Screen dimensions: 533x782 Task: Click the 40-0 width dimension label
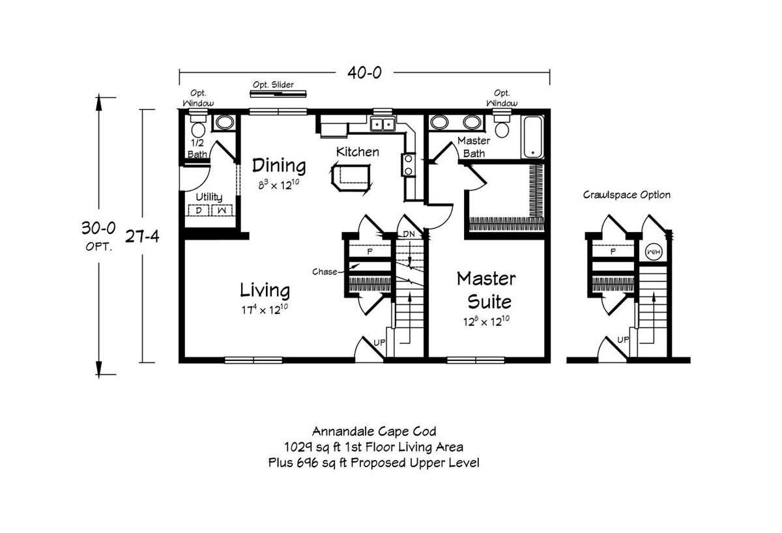click(364, 73)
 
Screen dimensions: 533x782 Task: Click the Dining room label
click(279, 165)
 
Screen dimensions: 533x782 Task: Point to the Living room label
click(265, 289)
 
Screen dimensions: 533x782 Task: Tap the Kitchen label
click(357, 152)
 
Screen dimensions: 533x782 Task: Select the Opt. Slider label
click(274, 85)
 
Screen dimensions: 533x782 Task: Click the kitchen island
click(352, 177)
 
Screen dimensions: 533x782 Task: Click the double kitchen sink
click(381, 124)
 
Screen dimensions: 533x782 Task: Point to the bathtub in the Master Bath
click(532, 137)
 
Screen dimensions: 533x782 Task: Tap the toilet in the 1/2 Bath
click(197, 125)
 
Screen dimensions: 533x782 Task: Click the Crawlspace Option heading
click(626, 195)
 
